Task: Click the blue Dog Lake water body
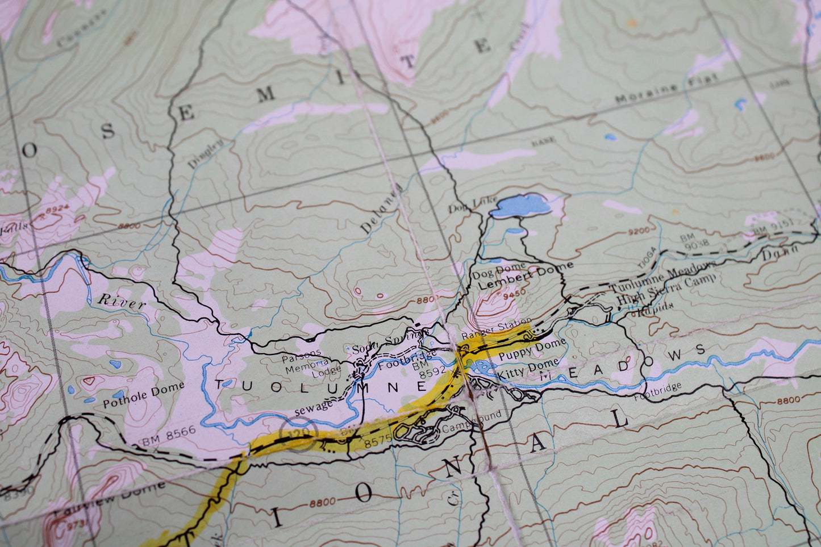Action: (x=520, y=206)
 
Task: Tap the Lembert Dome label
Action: (x=525, y=275)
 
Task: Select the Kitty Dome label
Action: (x=527, y=370)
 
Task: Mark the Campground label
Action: (x=472, y=420)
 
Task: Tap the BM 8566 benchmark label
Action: (x=169, y=435)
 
